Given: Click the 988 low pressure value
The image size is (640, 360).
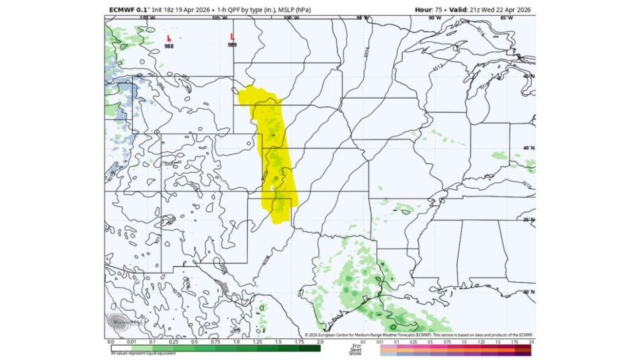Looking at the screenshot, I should click(x=169, y=46).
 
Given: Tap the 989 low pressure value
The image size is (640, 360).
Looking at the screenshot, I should click(x=232, y=45).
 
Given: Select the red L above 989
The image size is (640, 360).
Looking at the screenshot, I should click(x=232, y=37).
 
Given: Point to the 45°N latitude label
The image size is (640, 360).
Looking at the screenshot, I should click(x=528, y=76).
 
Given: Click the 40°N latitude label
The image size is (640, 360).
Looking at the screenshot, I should click(x=528, y=147).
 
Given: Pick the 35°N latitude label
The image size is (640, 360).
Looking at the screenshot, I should click(x=528, y=220).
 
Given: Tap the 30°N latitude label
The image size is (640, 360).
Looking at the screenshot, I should click(x=528, y=291).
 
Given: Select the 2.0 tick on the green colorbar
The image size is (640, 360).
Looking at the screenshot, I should click(x=319, y=342).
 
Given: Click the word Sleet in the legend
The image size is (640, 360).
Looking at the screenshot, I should click(x=356, y=349).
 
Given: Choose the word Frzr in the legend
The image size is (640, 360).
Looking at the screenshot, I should click(x=356, y=345).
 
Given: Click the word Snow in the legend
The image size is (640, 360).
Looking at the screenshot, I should click(x=356, y=354).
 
